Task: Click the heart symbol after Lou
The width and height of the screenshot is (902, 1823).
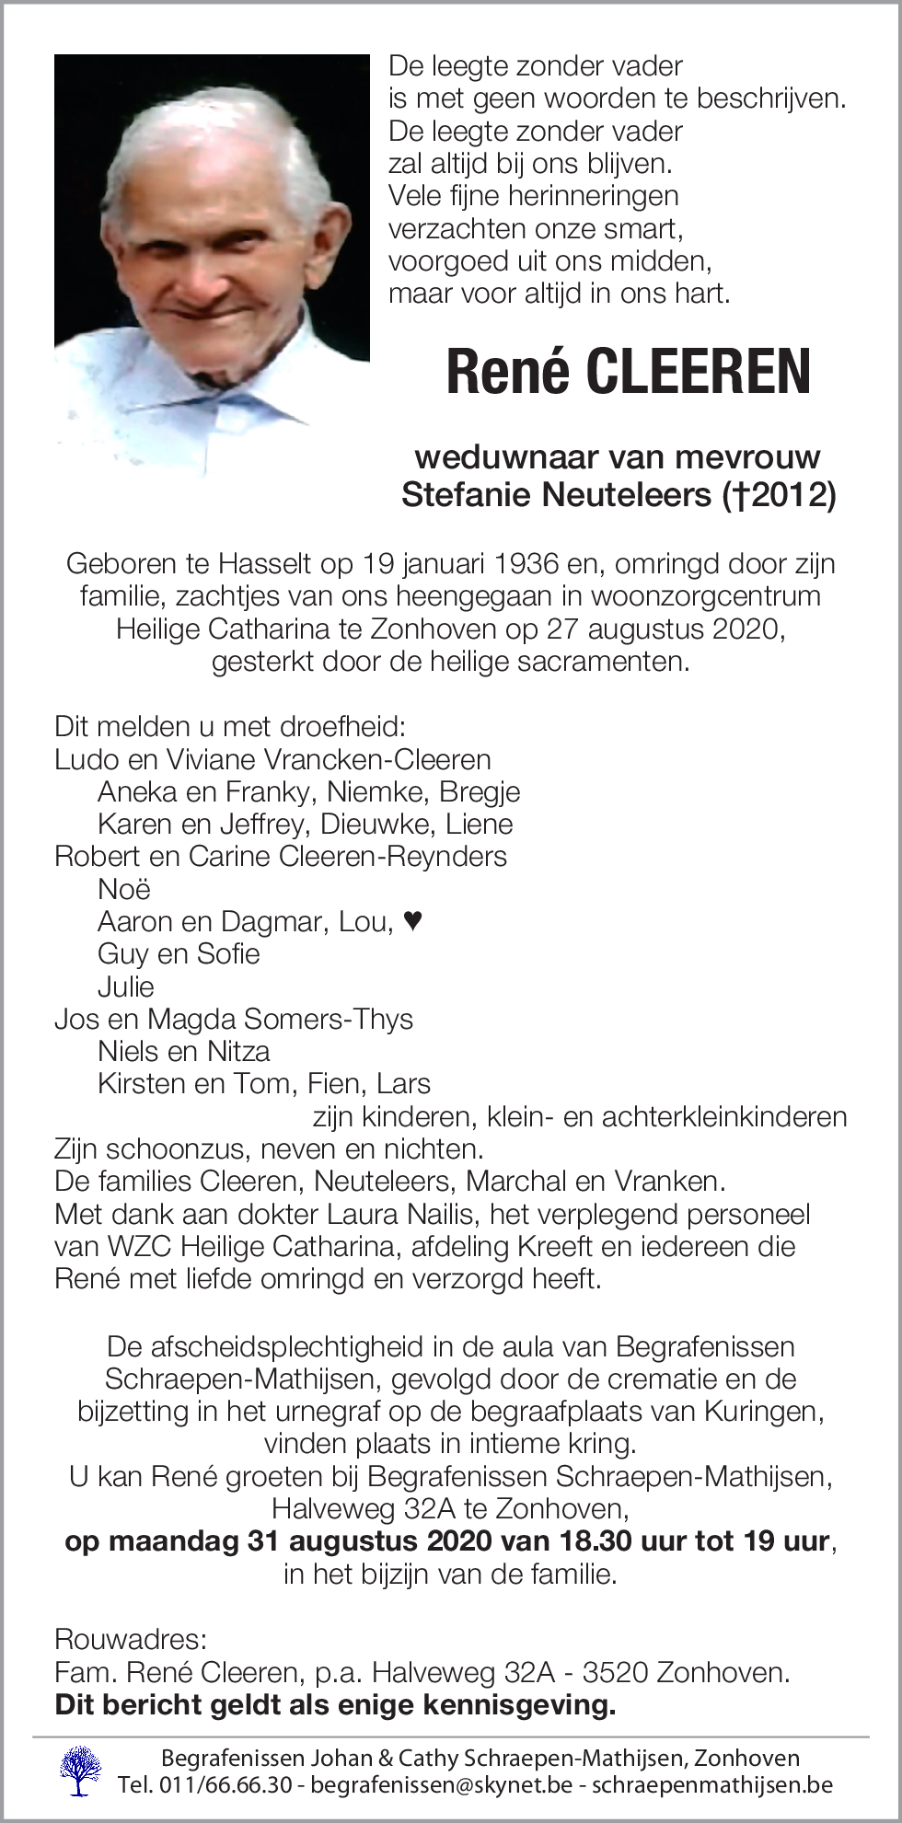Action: pyautogui.click(x=413, y=920)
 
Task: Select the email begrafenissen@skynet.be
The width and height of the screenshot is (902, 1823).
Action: pyautogui.click(x=441, y=1785)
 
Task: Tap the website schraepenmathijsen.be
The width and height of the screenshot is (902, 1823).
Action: pyautogui.click(x=711, y=1785)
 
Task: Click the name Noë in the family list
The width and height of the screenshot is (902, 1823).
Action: pyautogui.click(x=123, y=889)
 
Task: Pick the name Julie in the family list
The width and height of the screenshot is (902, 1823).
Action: pyautogui.click(x=125, y=986)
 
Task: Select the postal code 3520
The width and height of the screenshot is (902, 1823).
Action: pyautogui.click(x=617, y=1672)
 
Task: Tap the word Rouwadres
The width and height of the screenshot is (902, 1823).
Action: pyautogui.click(x=130, y=1639)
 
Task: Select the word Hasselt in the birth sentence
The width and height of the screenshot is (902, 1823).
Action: pyautogui.click(x=266, y=563)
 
